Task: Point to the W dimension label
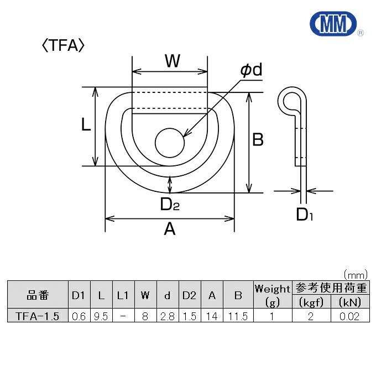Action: pos(173,61)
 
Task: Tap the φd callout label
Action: pos(250,70)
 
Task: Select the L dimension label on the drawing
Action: pos(86,126)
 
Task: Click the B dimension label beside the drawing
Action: pos(258,140)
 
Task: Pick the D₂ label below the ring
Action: pos(170,205)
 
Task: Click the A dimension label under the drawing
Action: pos(170,228)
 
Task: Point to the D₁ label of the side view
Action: pos(305,214)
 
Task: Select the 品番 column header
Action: pos(38,295)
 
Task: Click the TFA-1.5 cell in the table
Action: pos(38,316)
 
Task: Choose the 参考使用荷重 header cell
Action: pos(331,288)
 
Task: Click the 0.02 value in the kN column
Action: pos(349,316)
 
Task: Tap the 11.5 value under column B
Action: pos(238,316)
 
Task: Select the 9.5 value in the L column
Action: pos(100,316)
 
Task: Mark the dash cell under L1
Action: pos(122,316)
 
